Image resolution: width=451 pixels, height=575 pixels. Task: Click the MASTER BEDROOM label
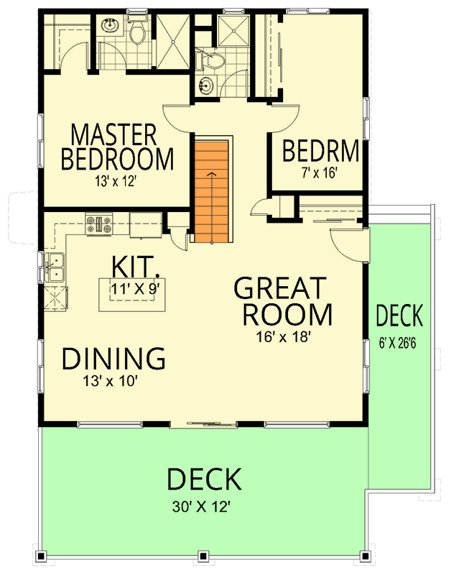(x=117, y=146)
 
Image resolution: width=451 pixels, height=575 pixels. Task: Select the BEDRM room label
(x=320, y=152)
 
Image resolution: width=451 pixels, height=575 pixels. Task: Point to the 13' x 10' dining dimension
(x=110, y=382)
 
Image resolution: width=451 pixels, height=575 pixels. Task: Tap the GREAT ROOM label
(x=283, y=301)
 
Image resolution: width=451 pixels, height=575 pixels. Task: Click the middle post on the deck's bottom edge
(x=204, y=556)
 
